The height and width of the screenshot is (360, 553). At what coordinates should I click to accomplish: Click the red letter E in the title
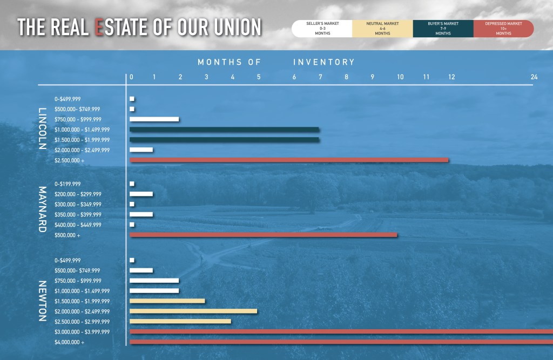click(x=99, y=28)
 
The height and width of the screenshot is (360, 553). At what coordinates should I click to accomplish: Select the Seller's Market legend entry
click(x=322, y=29)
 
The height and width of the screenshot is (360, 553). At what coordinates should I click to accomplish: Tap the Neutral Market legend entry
click(x=382, y=29)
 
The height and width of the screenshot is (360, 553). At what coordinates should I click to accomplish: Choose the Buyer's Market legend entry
click(x=443, y=29)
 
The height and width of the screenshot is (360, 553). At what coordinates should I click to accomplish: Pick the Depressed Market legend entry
click(x=503, y=29)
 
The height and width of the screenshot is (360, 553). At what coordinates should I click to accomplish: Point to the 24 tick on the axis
click(x=534, y=77)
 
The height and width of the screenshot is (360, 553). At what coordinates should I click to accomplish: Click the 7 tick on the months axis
click(x=320, y=77)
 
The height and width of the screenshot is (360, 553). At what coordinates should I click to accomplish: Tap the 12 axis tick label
click(x=451, y=77)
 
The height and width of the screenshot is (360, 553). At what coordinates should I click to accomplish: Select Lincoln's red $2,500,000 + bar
click(x=289, y=160)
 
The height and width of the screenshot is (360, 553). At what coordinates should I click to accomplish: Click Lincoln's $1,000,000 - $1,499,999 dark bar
click(x=224, y=130)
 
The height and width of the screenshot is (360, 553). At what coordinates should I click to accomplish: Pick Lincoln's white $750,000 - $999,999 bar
click(x=154, y=119)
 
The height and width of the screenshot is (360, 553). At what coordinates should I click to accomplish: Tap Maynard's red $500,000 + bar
click(x=264, y=235)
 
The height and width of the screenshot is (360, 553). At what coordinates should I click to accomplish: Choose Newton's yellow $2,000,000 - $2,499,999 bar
click(x=193, y=311)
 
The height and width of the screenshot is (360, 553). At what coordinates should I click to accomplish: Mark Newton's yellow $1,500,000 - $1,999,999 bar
click(x=167, y=301)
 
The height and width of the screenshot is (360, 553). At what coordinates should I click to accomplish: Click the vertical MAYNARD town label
click(x=42, y=209)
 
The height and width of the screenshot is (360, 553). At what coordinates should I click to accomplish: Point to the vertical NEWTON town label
click(x=42, y=301)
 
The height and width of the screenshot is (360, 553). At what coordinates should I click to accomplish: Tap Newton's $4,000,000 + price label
click(x=70, y=342)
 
